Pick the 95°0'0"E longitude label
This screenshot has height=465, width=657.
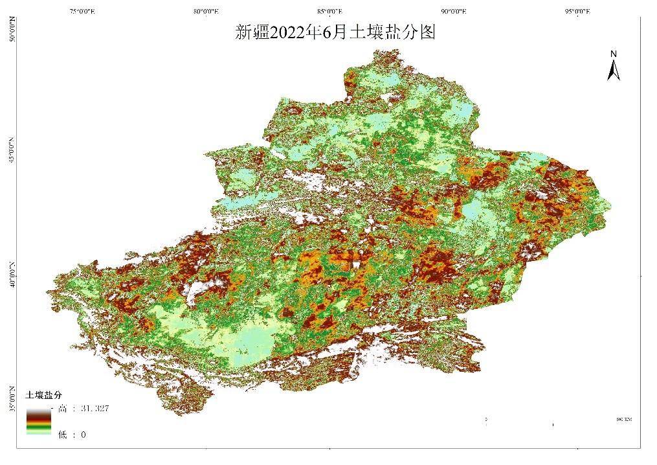[578, 11]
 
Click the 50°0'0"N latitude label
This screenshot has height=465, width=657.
[11, 30]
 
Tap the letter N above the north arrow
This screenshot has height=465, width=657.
[614, 53]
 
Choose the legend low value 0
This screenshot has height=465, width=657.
[83, 435]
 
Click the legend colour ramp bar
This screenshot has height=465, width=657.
[38, 421]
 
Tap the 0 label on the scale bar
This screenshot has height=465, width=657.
[486, 420]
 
